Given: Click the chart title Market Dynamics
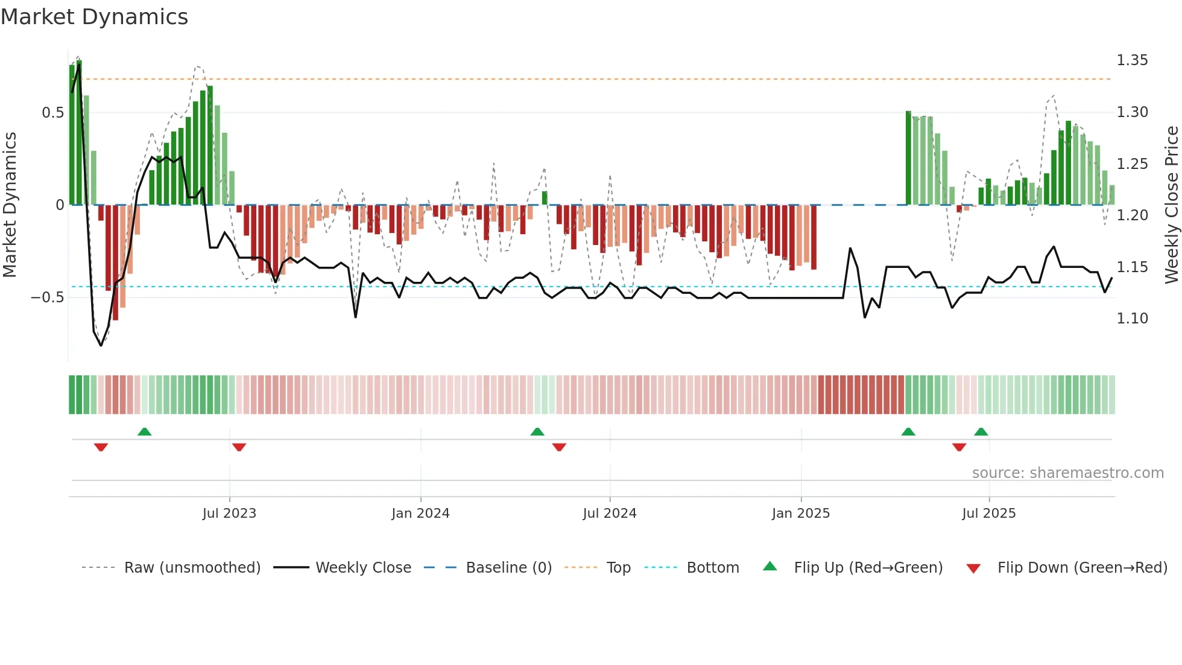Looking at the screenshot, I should click(x=95, y=17).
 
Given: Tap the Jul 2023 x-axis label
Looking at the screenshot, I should click(x=229, y=514).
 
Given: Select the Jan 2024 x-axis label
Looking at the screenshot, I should click(x=420, y=514).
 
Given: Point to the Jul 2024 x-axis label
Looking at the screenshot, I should click(x=609, y=514).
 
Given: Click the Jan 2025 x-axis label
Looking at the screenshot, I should click(x=801, y=514).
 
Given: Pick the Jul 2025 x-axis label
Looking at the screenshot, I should click(x=989, y=514).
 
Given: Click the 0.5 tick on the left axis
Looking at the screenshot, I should click(x=53, y=113).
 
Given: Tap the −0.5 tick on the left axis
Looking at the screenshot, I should click(x=48, y=297).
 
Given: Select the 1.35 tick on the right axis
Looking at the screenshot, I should click(x=1132, y=60).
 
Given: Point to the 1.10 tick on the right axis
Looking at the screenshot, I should click(x=1132, y=319).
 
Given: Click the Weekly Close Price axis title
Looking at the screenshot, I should click(x=1171, y=205).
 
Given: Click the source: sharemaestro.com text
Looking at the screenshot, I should click(x=1067, y=473).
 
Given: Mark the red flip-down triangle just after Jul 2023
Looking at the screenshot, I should click(x=239, y=447).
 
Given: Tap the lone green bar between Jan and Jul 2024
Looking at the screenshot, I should click(x=545, y=198).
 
